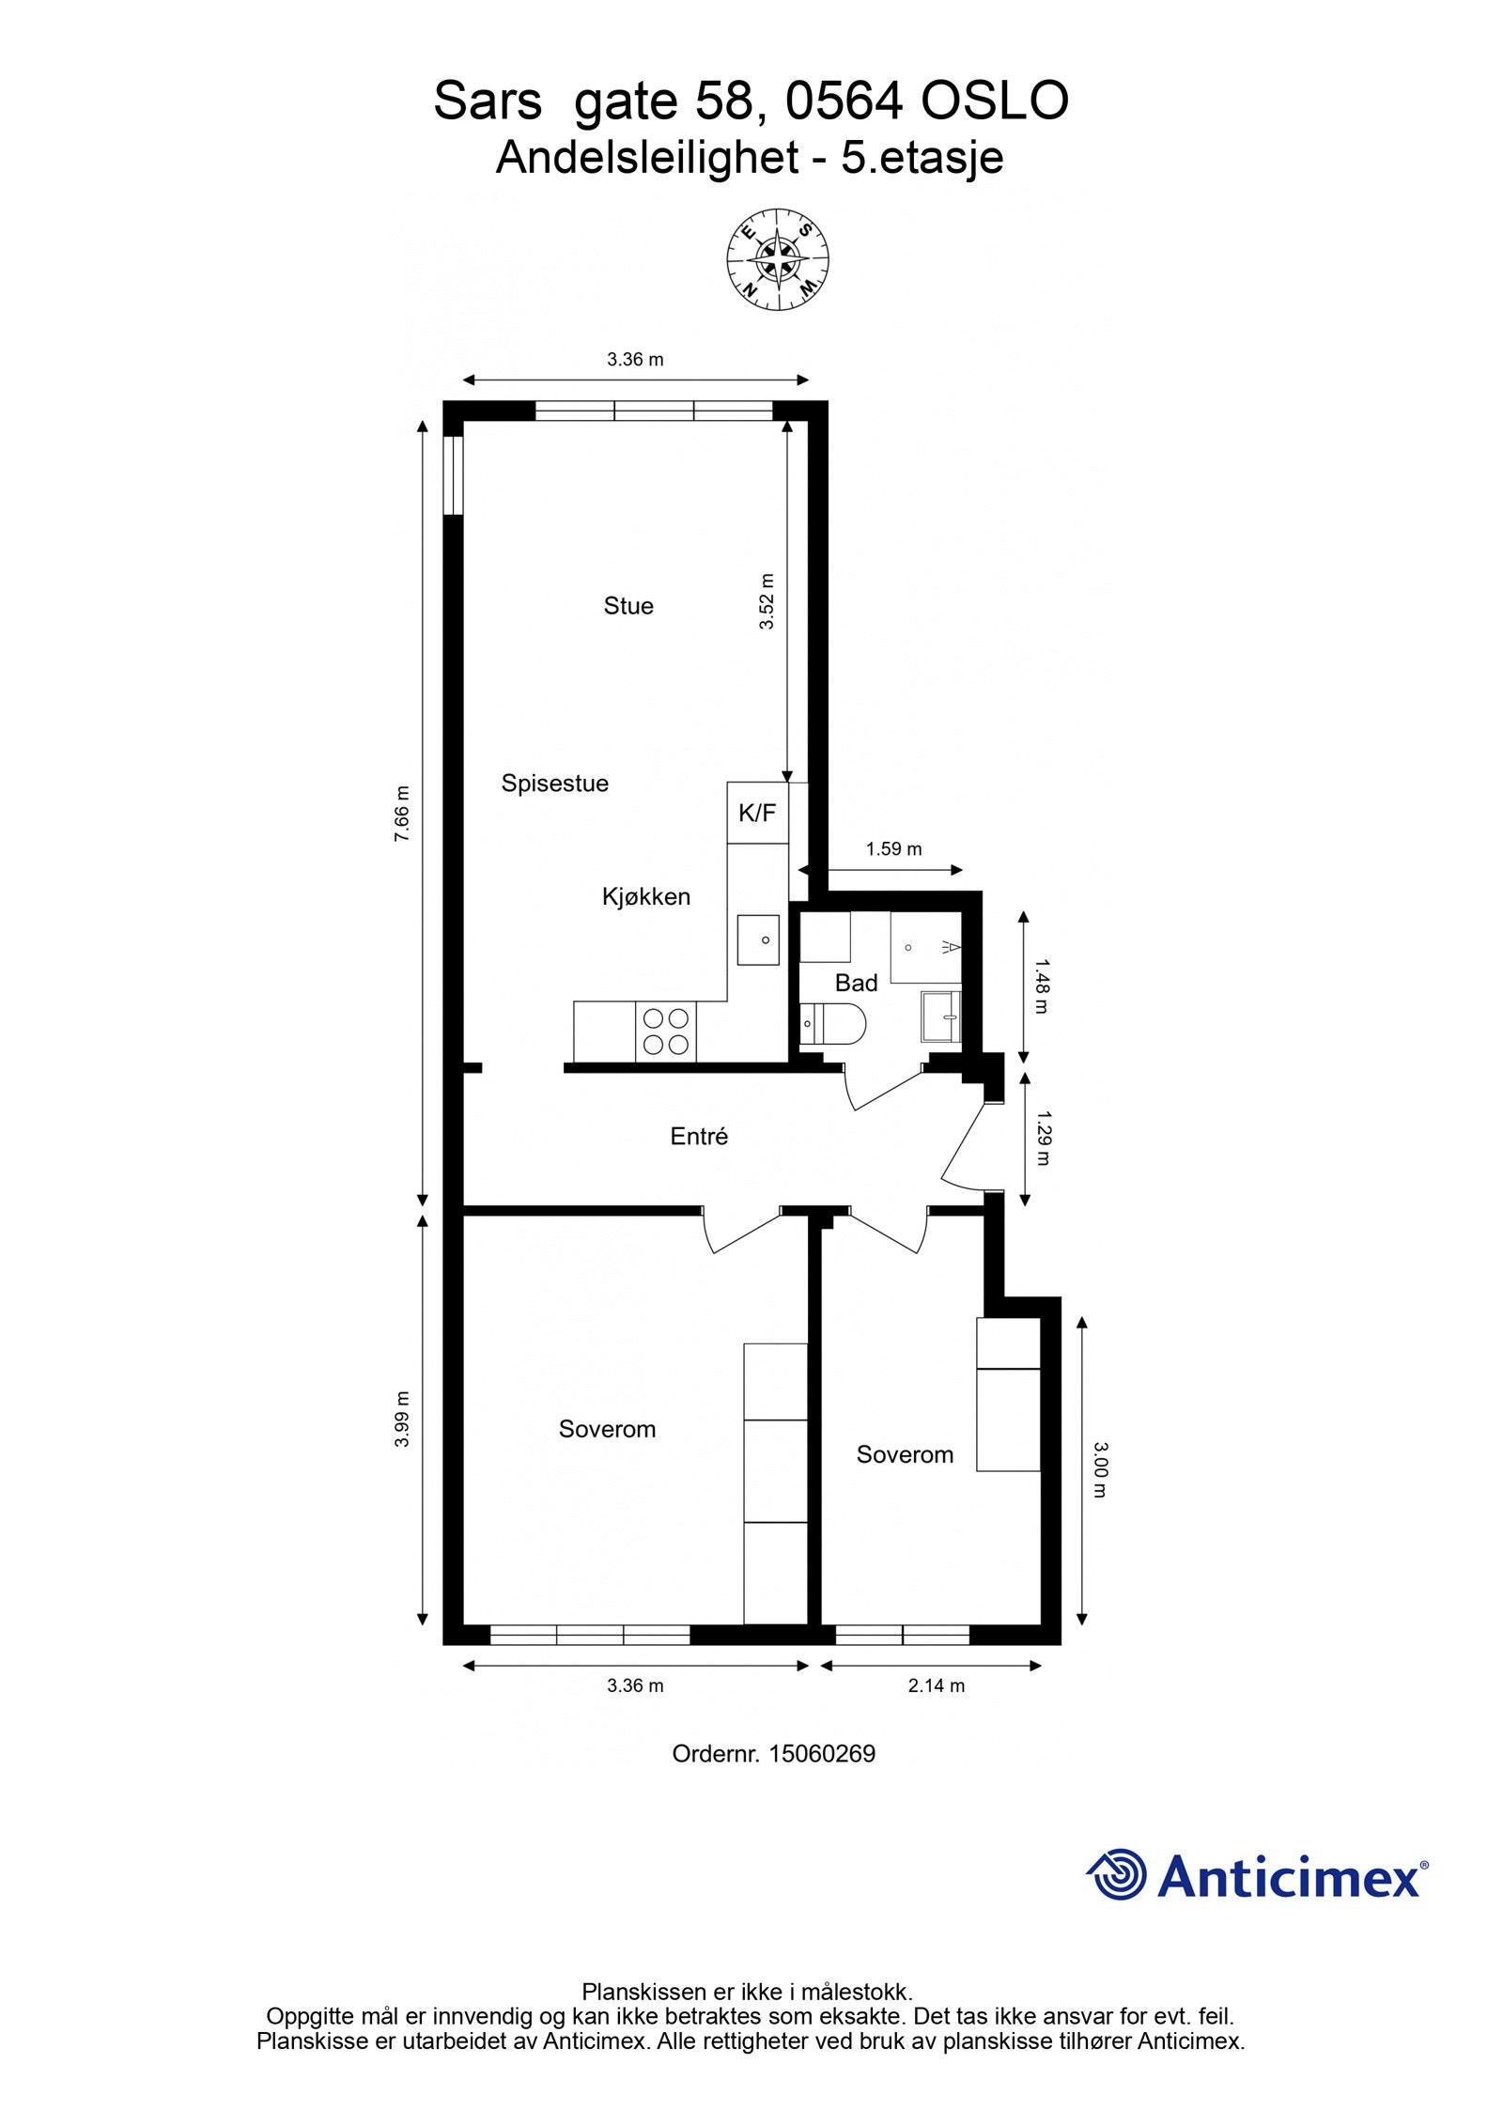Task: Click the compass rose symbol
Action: tap(777, 256)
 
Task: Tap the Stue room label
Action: tap(628, 606)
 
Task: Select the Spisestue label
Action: tap(554, 784)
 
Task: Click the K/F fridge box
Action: tap(757, 813)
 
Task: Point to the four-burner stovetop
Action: tap(665, 1032)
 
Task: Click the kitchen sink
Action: tap(758, 939)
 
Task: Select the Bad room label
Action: tap(856, 984)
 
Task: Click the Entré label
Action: tap(699, 1137)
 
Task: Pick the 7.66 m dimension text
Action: tap(402, 813)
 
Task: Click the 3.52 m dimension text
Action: tap(767, 601)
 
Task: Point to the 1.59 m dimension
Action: tap(893, 849)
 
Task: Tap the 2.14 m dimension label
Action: tap(936, 1685)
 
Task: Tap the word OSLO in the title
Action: tap(994, 101)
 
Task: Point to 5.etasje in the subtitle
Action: tap(922, 158)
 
